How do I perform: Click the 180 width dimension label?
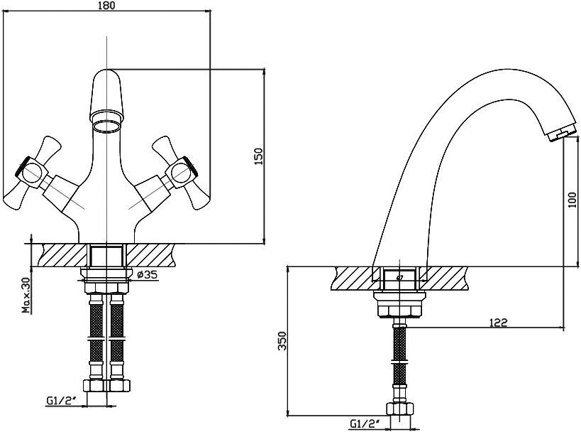[x=107, y=5]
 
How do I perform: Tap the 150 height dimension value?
[x=259, y=156]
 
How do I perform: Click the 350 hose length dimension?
[x=283, y=341]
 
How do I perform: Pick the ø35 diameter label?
[x=147, y=275]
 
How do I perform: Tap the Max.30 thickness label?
[x=26, y=295]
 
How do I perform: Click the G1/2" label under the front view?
[x=61, y=401]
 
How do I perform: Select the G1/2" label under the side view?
[x=365, y=423]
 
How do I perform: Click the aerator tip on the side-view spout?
[x=561, y=134]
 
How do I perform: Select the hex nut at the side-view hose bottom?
[x=400, y=409]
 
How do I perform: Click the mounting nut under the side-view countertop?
[x=399, y=304]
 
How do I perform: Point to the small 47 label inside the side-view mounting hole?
[x=399, y=277]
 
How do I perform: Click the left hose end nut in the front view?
[x=96, y=385]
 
